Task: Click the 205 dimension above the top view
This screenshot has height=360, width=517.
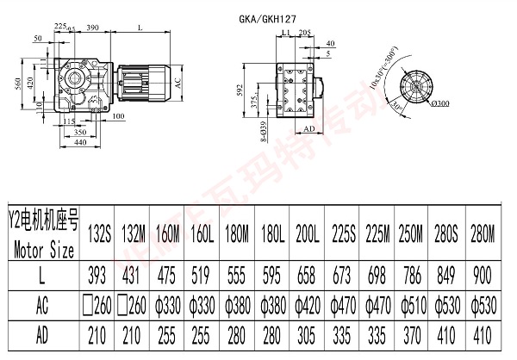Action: pos(305,31)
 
